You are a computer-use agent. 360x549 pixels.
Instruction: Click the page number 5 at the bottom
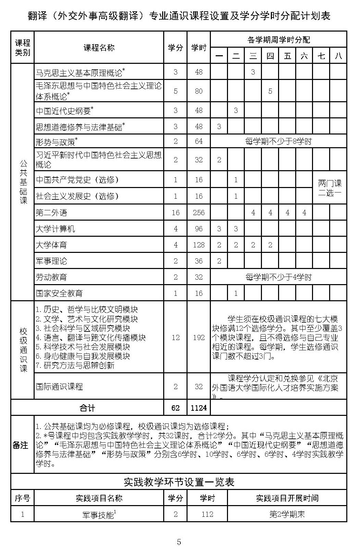coord(179,542)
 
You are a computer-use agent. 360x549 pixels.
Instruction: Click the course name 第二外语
coord(51,213)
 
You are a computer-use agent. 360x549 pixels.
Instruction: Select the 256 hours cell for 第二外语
coord(199,213)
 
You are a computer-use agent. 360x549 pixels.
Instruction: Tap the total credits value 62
coord(175,408)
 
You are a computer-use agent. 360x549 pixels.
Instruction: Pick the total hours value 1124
coord(199,408)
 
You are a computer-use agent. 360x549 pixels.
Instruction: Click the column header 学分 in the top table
coord(175,48)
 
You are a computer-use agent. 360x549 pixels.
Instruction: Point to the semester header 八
coord(338,56)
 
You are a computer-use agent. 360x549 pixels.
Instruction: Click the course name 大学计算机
coord(55,229)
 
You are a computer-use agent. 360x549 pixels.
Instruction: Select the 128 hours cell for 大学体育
coord(199,245)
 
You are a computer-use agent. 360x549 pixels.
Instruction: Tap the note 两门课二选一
coord(330,188)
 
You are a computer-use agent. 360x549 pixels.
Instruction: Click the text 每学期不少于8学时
coord(278,141)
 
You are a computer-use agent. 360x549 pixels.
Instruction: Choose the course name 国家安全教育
coord(59,293)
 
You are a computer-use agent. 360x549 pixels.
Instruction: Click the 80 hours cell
coord(199,91)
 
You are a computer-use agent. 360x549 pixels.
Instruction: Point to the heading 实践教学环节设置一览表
coord(179,482)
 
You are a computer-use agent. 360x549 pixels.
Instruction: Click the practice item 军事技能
coord(99,514)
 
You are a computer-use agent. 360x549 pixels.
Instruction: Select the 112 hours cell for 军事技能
coord(207,514)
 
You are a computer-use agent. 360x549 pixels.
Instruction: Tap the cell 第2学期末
coord(287,514)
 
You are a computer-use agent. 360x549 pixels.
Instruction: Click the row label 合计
coord(87,408)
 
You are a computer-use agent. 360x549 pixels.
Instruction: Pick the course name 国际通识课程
coord(59,387)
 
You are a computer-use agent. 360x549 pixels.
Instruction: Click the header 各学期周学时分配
coord(278,40)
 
